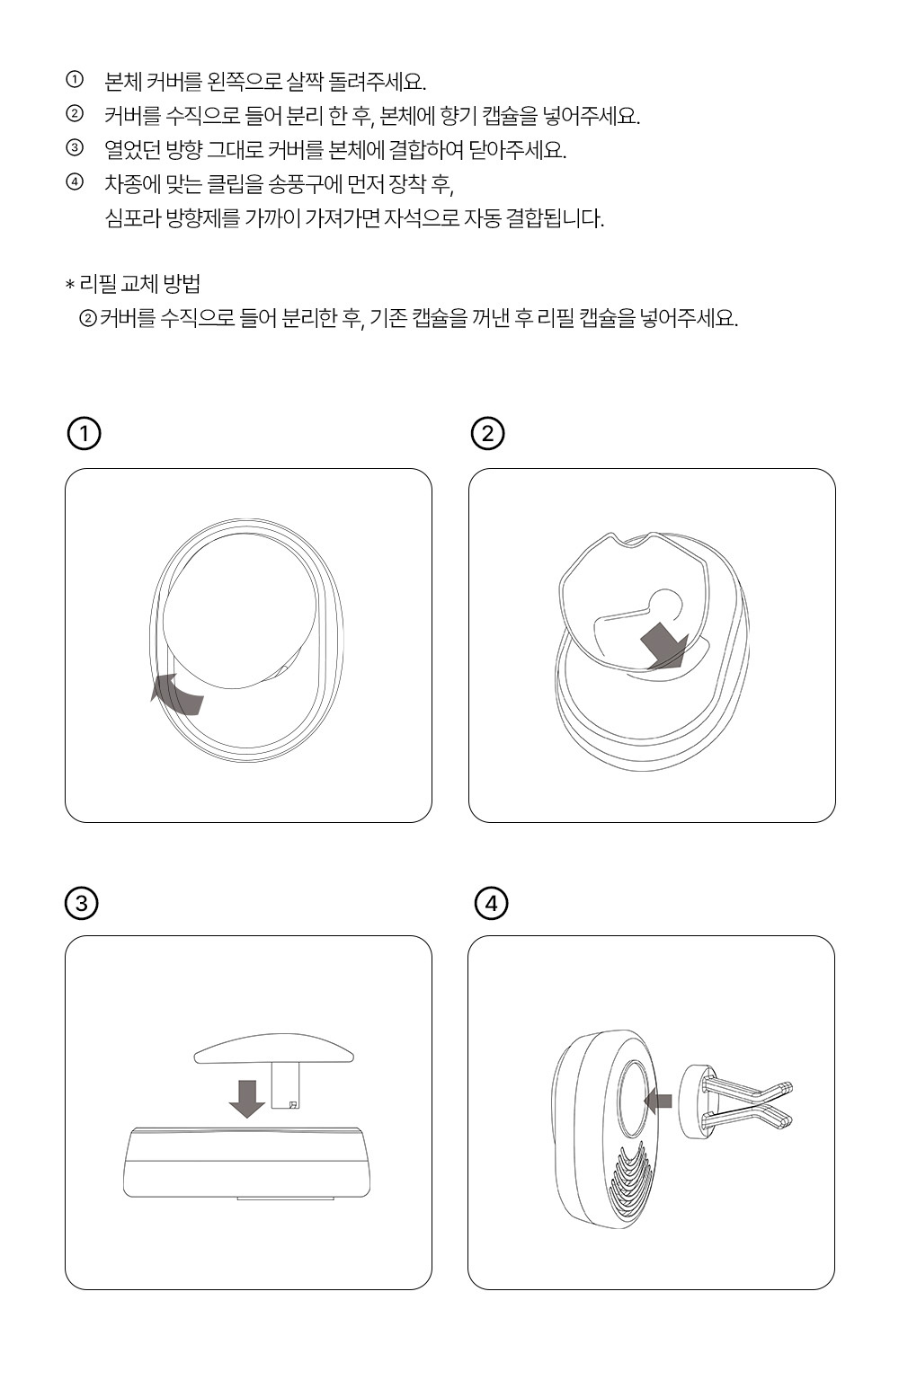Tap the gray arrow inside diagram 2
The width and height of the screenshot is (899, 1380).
663,645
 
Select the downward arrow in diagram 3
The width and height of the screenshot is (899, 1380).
246,1097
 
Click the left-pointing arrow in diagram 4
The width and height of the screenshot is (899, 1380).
659,1098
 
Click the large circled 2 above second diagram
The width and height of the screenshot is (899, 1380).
488,434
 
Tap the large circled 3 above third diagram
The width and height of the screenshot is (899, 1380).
82,902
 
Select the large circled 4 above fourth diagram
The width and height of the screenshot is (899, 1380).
491,902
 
